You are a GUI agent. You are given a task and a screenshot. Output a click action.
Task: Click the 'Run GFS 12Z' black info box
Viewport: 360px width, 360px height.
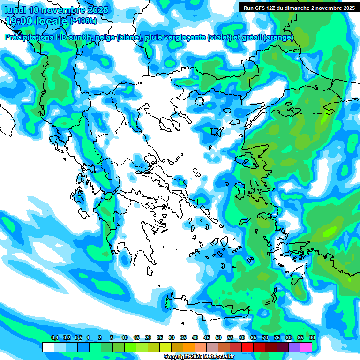[x=298, y=7]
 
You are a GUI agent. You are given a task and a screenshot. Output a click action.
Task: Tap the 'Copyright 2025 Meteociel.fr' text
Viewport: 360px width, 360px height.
[x=198, y=357]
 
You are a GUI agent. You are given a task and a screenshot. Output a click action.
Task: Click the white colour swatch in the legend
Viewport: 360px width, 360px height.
[x=48, y=347]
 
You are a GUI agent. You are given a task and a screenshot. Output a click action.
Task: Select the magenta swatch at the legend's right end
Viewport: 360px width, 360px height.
[x=306, y=347]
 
